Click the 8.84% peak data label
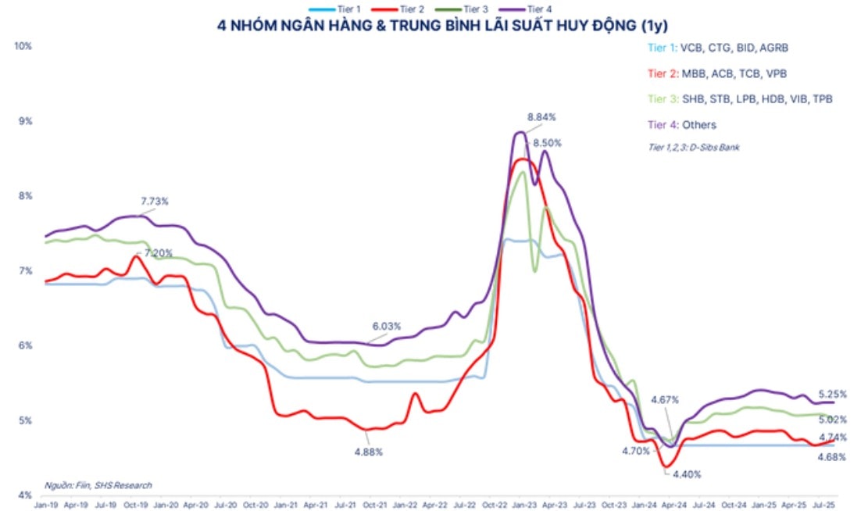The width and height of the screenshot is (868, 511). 541,117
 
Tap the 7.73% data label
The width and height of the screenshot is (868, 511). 155,202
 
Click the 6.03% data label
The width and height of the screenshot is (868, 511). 386,326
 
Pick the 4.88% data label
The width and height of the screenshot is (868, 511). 367,452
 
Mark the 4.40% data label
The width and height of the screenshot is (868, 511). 687,473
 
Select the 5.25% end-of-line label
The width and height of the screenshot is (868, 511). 832,394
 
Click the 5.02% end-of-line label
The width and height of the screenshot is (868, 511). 832,420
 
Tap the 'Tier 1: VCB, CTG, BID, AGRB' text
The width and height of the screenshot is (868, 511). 718,48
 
